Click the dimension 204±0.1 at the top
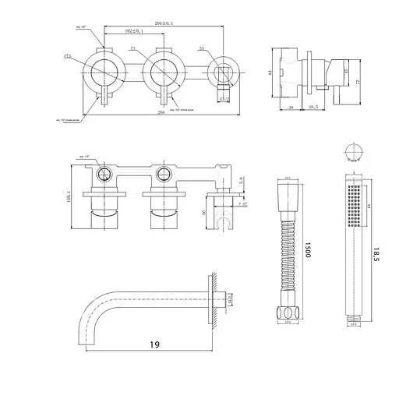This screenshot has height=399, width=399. [163, 23]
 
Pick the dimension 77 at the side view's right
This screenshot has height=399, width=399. [358, 80]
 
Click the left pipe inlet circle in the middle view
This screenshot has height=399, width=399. [104, 173]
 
